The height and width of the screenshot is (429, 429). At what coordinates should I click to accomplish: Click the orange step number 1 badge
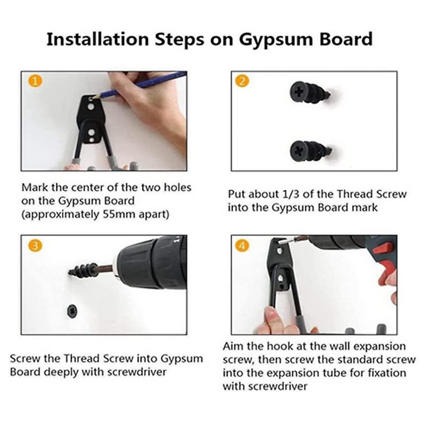click(x=35, y=81)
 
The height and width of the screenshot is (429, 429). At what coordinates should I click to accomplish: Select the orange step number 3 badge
click(x=35, y=246)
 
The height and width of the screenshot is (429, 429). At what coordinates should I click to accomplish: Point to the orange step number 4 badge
click(x=242, y=246)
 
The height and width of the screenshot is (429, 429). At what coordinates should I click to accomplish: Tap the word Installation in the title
click(x=98, y=39)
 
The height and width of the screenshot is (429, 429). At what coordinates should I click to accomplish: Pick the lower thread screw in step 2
click(x=311, y=151)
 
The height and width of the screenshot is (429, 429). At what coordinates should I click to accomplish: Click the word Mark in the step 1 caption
click(x=35, y=187)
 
